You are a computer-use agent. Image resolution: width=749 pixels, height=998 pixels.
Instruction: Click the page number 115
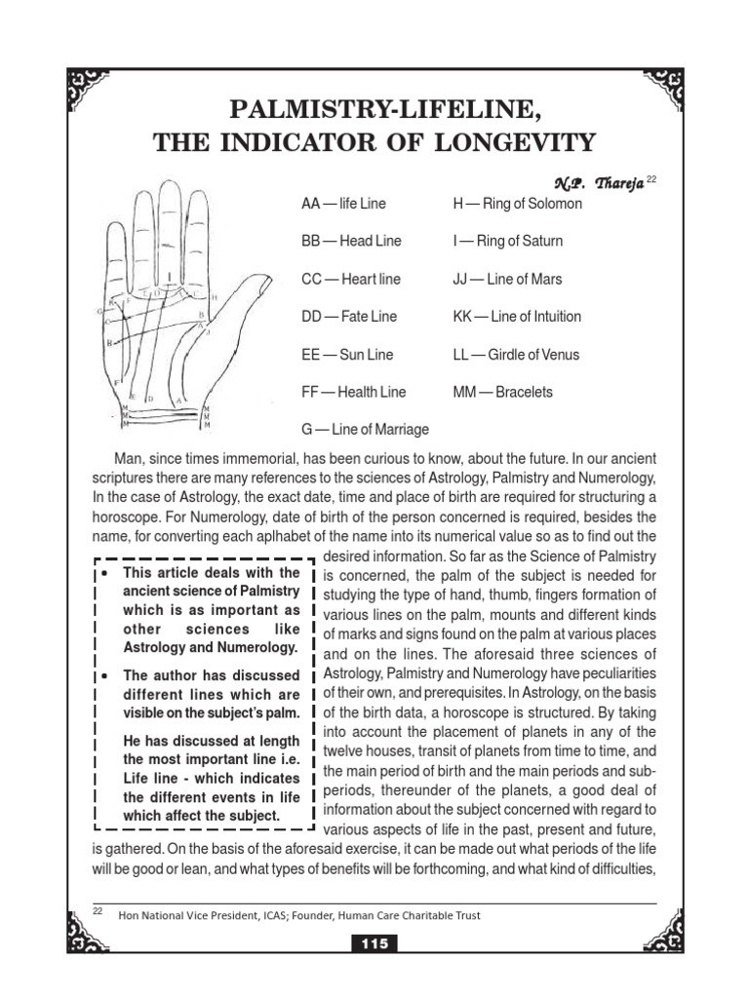(374, 944)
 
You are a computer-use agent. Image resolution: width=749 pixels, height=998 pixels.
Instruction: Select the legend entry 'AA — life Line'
(343, 204)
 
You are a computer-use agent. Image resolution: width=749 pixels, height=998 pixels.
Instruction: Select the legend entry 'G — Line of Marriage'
(365, 429)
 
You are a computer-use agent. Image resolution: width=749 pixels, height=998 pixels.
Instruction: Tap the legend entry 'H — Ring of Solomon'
(517, 204)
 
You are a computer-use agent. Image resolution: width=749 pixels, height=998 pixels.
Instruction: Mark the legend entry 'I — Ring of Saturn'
(507, 241)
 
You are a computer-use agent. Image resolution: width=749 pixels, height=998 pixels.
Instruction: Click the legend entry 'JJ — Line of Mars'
(507, 279)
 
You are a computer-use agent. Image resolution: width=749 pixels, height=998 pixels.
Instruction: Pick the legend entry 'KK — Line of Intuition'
(517, 317)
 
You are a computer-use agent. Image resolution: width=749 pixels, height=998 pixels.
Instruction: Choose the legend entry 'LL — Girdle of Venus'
(516, 355)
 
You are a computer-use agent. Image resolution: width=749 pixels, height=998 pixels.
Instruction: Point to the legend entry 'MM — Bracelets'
(502, 392)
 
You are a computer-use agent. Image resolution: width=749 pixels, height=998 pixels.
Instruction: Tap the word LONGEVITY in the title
(515, 143)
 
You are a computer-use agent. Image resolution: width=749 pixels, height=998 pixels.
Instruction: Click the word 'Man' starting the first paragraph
(130, 459)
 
